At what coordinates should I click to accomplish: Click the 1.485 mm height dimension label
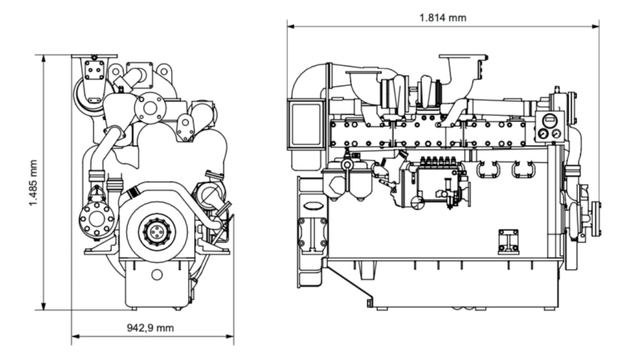(33, 182)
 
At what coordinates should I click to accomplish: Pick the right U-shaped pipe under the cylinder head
(524, 170)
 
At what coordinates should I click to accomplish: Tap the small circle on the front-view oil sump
(156, 275)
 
